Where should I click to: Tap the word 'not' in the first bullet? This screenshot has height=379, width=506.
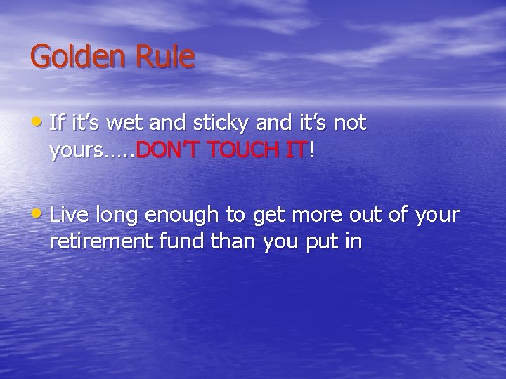click(x=349, y=124)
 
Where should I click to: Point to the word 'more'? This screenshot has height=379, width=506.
click(x=331, y=215)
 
